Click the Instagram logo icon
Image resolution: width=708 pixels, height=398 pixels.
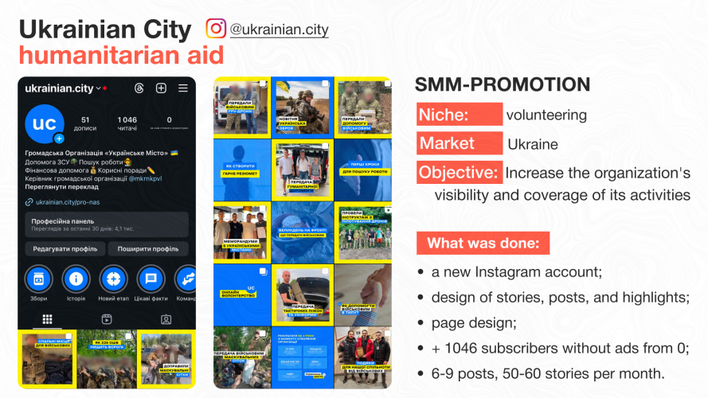coord(216,29)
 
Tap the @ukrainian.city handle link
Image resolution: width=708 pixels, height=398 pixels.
coord(279,29)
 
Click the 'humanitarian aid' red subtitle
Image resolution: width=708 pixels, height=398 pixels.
coord(120,56)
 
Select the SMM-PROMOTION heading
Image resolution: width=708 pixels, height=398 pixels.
coord(503,84)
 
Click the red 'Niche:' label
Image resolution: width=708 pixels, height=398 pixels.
coord(459,115)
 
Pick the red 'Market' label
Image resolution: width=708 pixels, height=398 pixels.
coord(459,144)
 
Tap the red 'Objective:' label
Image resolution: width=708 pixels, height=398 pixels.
coord(459,172)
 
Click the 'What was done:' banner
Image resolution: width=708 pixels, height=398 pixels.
coord(483,243)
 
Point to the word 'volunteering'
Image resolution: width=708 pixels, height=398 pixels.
coord(546,115)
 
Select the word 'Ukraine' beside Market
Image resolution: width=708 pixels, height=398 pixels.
coord(533,145)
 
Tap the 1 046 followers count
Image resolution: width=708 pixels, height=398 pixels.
coord(127,120)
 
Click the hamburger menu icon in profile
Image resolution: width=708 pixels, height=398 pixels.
coord(182,88)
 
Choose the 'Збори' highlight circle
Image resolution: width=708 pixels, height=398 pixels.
coord(38,279)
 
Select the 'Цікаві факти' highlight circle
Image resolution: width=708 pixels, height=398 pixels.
coord(149,279)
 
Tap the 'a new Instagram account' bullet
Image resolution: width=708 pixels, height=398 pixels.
coord(517,272)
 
